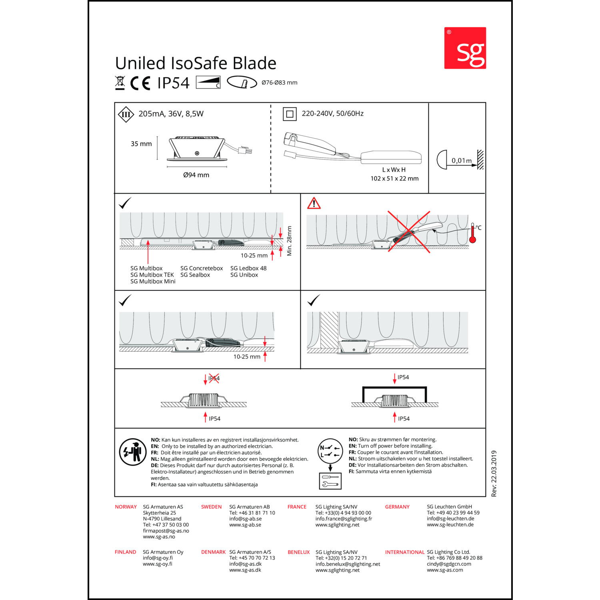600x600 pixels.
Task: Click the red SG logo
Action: [465, 48]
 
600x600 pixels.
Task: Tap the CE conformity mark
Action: [140, 83]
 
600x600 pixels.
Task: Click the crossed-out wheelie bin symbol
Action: [120, 82]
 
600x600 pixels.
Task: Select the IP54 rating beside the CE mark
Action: [173, 83]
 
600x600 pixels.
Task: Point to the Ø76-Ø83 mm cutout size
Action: [279, 83]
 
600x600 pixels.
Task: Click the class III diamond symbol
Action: [126, 115]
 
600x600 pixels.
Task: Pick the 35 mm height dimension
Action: [141, 144]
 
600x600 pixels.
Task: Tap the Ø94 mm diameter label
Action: [196, 175]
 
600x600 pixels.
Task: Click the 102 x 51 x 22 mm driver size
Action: [394, 179]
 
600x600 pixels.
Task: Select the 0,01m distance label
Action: [461, 161]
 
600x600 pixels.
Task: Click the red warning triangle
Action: [314, 203]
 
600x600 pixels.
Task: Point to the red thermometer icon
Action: [472, 234]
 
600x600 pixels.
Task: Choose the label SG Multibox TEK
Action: [152, 275]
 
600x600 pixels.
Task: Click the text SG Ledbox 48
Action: [248, 268]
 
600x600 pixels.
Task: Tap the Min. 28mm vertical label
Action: [289, 241]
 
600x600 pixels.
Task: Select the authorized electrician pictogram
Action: [133, 452]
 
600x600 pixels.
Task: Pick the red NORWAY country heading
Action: [126, 507]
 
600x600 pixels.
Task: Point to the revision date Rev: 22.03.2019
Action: [494, 474]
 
